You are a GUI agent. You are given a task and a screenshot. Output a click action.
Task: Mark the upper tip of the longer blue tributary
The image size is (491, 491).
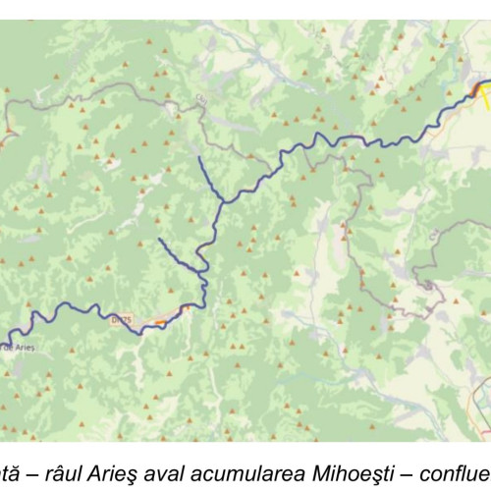[198, 156]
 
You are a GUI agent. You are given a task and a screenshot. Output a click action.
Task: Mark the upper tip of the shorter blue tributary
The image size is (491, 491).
[159, 239]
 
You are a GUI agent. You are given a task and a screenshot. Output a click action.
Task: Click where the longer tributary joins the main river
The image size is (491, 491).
[225, 201]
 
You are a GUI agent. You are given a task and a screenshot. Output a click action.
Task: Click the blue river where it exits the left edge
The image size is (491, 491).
[3, 345]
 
